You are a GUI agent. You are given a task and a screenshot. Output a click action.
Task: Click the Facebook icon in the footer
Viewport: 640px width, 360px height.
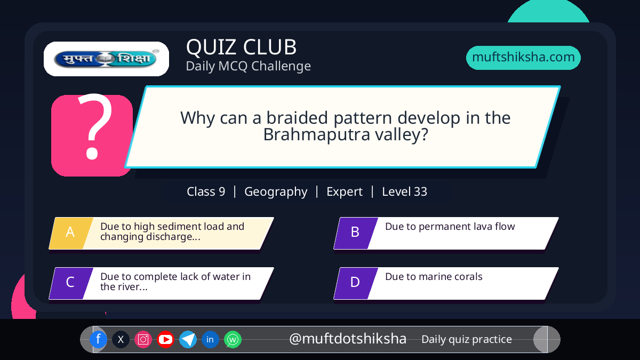(x=98, y=339)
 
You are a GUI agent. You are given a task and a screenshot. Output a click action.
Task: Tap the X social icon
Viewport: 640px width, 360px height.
(x=121, y=339)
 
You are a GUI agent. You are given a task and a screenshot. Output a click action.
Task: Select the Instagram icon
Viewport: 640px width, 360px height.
(x=143, y=339)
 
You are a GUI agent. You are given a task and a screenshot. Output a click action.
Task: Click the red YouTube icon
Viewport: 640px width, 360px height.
(x=165, y=339)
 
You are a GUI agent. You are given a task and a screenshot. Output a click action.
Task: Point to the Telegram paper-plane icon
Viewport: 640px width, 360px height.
(x=188, y=339)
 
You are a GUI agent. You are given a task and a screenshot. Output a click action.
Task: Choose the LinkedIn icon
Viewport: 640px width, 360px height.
(x=210, y=339)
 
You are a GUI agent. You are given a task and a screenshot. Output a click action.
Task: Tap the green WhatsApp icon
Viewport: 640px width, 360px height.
(x=233, y=339)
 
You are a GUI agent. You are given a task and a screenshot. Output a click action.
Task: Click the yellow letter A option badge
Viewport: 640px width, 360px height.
(x=71, y=233)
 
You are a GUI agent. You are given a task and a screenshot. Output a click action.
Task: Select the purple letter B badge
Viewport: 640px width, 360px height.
(x=356, y=233)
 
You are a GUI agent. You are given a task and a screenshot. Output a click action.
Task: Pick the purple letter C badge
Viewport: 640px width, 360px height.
(x=71, y=283)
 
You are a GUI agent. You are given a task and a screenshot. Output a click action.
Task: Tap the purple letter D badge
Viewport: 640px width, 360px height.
(x=356, y=283)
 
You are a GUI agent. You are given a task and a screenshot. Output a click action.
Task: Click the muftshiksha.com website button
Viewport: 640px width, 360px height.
(x=523, y=58)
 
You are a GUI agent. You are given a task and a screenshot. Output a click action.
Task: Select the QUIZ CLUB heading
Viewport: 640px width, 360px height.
(x=242, y=47)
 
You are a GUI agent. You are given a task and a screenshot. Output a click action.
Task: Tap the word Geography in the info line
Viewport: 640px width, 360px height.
(x=276, y=192)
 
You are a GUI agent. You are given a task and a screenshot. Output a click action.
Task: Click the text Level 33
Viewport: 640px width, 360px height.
(x=405, y=191)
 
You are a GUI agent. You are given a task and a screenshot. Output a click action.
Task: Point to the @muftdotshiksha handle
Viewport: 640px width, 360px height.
(x=348, y=339)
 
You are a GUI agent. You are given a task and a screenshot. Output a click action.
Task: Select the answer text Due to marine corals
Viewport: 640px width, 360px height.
(x=434, y=277)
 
